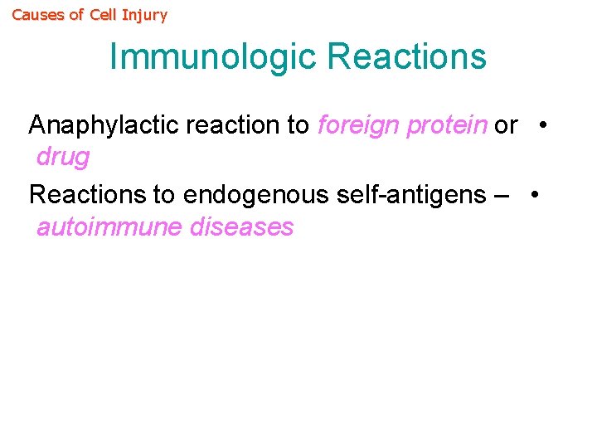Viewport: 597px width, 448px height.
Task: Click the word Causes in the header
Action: tap(36, 15)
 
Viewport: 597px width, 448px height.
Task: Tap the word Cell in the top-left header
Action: tap(104, 15)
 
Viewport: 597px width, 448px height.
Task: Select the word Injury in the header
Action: tap(144, 15)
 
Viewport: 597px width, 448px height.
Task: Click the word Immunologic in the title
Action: tap(213, 56)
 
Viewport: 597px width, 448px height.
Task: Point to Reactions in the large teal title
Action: tap(406, 56)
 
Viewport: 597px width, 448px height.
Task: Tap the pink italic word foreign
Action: tap(358, 125)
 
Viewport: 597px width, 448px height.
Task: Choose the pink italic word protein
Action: tap(447, 126)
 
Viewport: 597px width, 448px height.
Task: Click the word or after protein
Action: tap(506, 125)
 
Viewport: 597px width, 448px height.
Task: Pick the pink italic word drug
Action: tap(63, 157)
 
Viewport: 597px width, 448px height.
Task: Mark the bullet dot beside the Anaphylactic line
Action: tap(541, 125)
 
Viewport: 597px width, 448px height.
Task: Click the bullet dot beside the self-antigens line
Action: tap(536, 194)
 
